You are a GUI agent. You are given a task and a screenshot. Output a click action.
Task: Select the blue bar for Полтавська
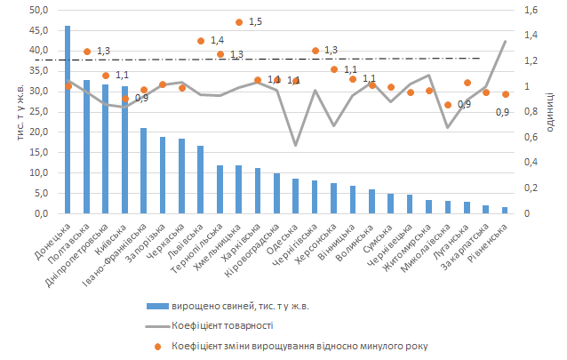pos(86,147)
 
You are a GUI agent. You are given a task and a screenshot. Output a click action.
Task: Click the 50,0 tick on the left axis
pos(39,11)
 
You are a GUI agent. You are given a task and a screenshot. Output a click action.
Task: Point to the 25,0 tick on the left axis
pos(39,112)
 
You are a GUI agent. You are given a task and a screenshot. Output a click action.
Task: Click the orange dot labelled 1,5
pos(239,22)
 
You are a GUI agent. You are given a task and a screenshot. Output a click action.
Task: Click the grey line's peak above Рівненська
pos(506,41)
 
